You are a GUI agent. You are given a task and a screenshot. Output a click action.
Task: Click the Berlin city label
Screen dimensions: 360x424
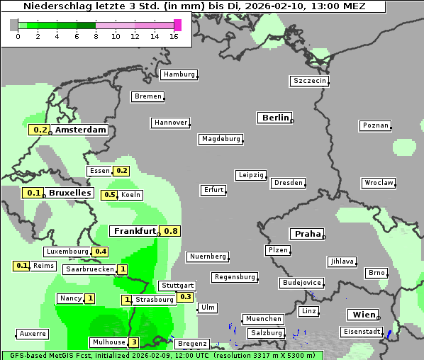point(275,118)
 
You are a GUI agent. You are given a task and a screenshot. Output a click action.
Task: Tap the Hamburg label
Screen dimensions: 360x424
point(179,74)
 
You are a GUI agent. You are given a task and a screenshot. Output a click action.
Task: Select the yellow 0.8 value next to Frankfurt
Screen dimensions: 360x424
point(171,231)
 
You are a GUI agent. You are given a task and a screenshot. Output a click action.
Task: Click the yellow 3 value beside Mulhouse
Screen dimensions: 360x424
point(134,342)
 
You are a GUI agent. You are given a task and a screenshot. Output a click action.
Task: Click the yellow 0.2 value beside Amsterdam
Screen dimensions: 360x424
point(40,130)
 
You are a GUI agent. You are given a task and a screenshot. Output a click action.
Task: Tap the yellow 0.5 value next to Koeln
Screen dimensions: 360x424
point(110,195)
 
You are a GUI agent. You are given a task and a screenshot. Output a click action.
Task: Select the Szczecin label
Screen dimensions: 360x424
point(310,81)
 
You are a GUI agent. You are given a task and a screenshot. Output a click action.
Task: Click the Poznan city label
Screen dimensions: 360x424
point(376,125)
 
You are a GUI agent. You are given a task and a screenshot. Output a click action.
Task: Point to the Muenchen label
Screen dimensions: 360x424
point(263,319)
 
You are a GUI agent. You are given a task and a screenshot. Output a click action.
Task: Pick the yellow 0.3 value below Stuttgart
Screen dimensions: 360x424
point(186,297)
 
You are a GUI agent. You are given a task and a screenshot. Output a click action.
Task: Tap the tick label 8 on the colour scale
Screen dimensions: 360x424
point(96,36)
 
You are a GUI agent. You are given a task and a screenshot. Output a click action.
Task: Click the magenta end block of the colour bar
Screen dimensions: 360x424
point(177,25)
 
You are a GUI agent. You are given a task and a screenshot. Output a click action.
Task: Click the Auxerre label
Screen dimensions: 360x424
point(33,333)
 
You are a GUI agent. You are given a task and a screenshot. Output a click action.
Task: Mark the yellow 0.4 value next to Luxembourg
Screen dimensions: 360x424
point(100,252)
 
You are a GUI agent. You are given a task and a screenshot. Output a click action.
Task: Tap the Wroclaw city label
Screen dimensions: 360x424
point(379,183)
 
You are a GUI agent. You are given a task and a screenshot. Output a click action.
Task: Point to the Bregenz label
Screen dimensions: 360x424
point(192,343)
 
